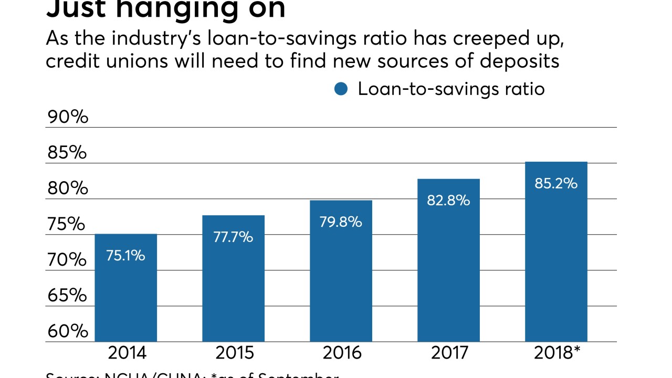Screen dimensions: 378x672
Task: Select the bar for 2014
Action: coord(125,294)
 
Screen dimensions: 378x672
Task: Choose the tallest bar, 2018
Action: coord(556,262)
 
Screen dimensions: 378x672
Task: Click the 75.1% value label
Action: coord(125,256)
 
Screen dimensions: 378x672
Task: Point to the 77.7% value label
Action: coord(233,237)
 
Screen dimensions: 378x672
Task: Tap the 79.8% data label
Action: coord(341,222)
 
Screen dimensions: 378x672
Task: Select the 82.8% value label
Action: coord(448,201)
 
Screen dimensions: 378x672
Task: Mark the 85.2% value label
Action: coord(556,184)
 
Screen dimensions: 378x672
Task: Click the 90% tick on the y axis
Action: coord(68,117)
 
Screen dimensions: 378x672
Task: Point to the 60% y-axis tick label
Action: coord(68,331)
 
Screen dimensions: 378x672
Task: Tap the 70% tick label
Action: coord(68,260)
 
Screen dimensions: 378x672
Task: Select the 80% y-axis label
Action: coord(68,188)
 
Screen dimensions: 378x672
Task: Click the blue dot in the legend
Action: coord(341,89)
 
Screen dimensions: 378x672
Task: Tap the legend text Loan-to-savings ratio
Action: coord(451,89)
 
